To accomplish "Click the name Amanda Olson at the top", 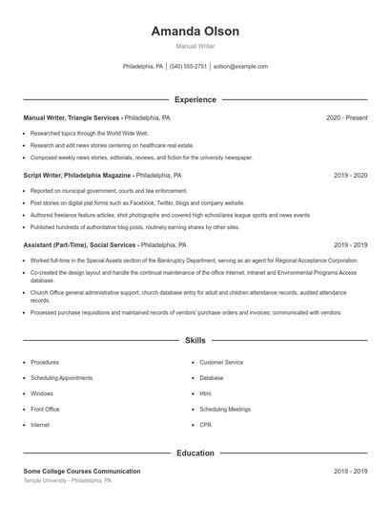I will tap(195, 32).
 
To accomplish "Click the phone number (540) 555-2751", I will tap(190, 67).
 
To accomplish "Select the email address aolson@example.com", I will tap(240, 67).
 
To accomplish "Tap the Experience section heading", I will tap(195, 99).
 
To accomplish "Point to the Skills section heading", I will tap(195, 340).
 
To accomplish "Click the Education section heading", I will tap(195, 453).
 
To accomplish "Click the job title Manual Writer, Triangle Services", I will tap(72, 117).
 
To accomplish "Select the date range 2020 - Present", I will tap(346, 117).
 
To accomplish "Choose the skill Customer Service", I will tap(221, 363).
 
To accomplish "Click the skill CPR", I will tap(205, 424).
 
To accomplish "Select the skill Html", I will tap(205, 393).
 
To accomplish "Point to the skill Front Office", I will tap(45, 409).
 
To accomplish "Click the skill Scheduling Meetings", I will tap(225, 409).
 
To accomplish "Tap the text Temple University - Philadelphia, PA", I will tap(67, 480).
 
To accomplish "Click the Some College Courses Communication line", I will tap(81, 471).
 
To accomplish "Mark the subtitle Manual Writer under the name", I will tap(195, 46).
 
